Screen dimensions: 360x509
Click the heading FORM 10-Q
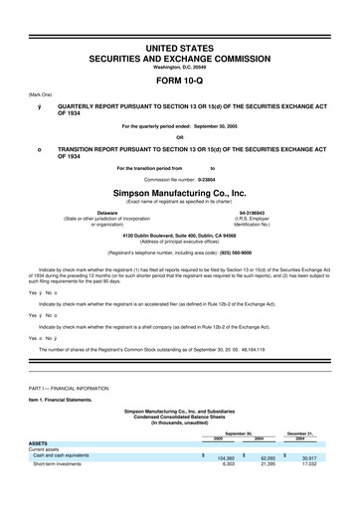click(x=180, y=82)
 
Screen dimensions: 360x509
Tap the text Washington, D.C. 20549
click(x=180, y=67)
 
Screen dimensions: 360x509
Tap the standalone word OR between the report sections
click(x=180, y=137)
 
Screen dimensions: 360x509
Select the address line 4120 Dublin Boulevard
click(x=180, y=235)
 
